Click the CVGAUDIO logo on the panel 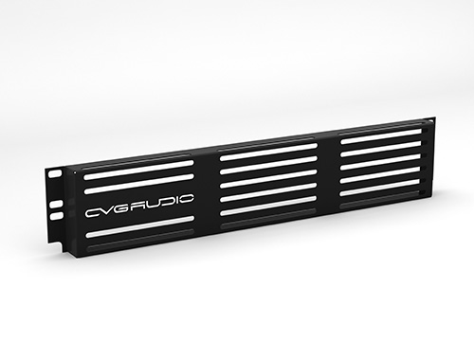coord(139,206)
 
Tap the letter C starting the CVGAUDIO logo coord(93,212)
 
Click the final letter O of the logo coord(187,200)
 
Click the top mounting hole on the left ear coord(55,173)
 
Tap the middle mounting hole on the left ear coord(56,204)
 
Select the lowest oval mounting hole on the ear coord(56,216)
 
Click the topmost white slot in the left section coord(138,170)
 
